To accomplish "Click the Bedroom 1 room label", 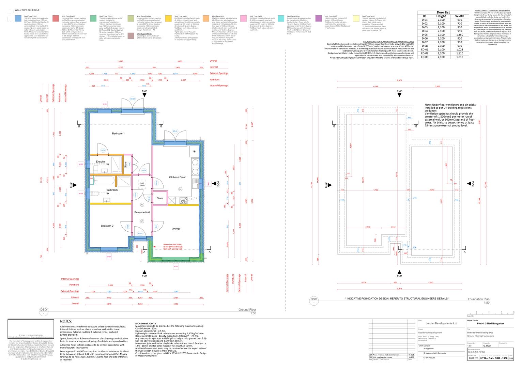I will pyautogui.click(x=118, y=134).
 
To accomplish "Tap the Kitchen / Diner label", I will pyautogui.click(x=178, y=177).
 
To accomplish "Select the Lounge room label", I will pyautogui.click(x=176, y=229).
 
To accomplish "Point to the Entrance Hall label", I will pyautogui.click(x=142, y=212).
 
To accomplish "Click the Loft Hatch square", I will pyautogui.click(x=142, y=184).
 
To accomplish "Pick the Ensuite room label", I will pyautogui.click(x=100, y=162).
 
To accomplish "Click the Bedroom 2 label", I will pyautogui.click(x=107, y=226).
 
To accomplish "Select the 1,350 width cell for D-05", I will pyautogui.click(x=459, y=35).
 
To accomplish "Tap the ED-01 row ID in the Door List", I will pyautogui.click(x=425, y=50).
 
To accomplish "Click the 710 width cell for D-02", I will pyautogui.click(x=459, y=24).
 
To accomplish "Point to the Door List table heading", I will pyautogui.click(x=443, y=12).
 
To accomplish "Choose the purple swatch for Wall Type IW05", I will pyautogui.click(x=318, y=18).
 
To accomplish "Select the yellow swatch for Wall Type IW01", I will pyautogui.click(x=168, y=18).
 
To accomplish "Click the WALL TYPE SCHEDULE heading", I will pyautogui.click(x=27, y=10).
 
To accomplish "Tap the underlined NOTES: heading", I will pyautogui.click(x=66, y=321).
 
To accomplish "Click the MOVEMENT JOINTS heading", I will pyautogui.click(x=145, y=323).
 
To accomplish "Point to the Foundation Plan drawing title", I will pyautogui.click(x=478, y=299).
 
